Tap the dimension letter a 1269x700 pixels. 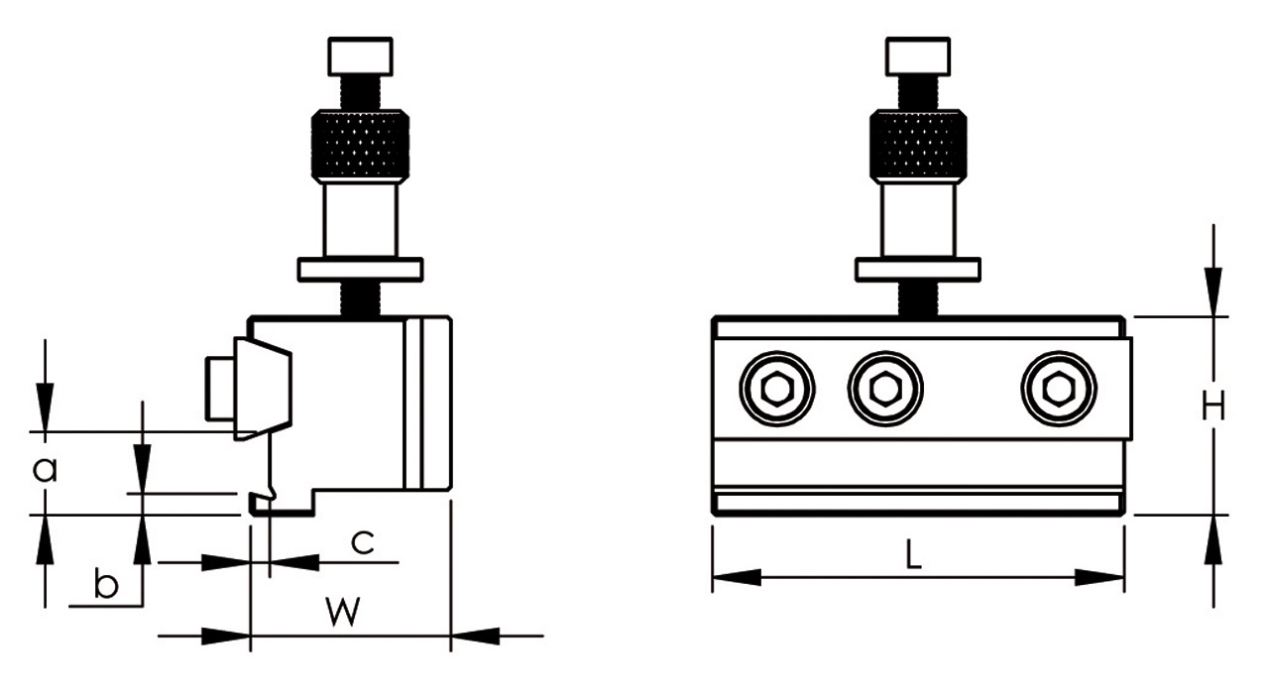coord(45,469)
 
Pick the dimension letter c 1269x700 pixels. coord(363,541)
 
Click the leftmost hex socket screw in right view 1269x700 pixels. coord(776,389)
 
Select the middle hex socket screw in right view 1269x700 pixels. coord(884,389)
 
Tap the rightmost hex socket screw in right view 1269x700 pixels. coord(1059,389)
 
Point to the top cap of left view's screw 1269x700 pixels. coord(361,56)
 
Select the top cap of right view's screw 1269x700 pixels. coord(918,56)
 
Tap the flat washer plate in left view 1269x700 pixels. coord(361,270)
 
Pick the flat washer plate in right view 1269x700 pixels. coord(918,270)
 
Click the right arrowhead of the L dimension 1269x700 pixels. coord(1100,577)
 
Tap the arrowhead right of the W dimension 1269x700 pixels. coord(476,636)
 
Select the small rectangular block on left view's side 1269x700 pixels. coord(218,389)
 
